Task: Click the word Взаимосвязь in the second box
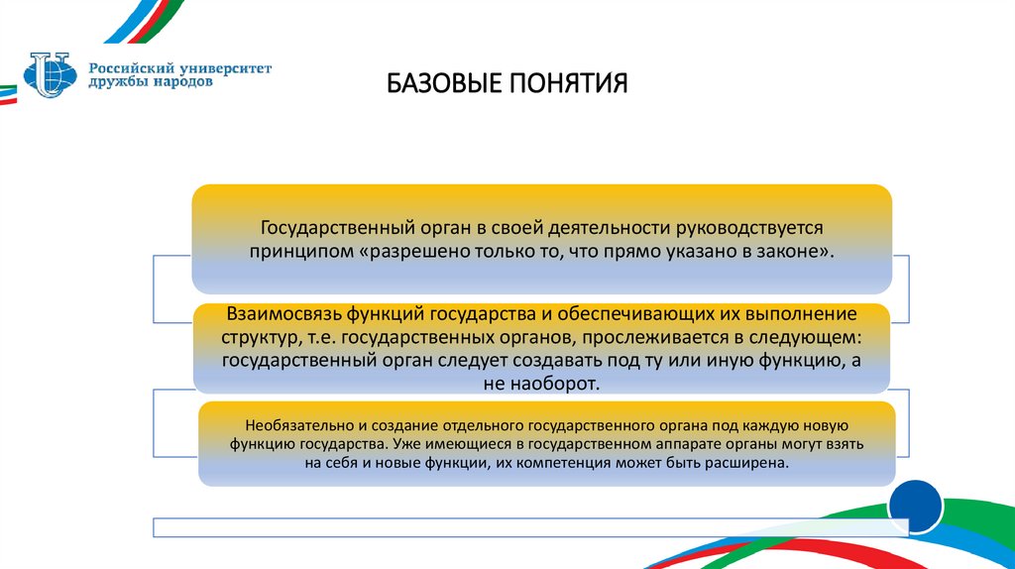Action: point(283,315)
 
